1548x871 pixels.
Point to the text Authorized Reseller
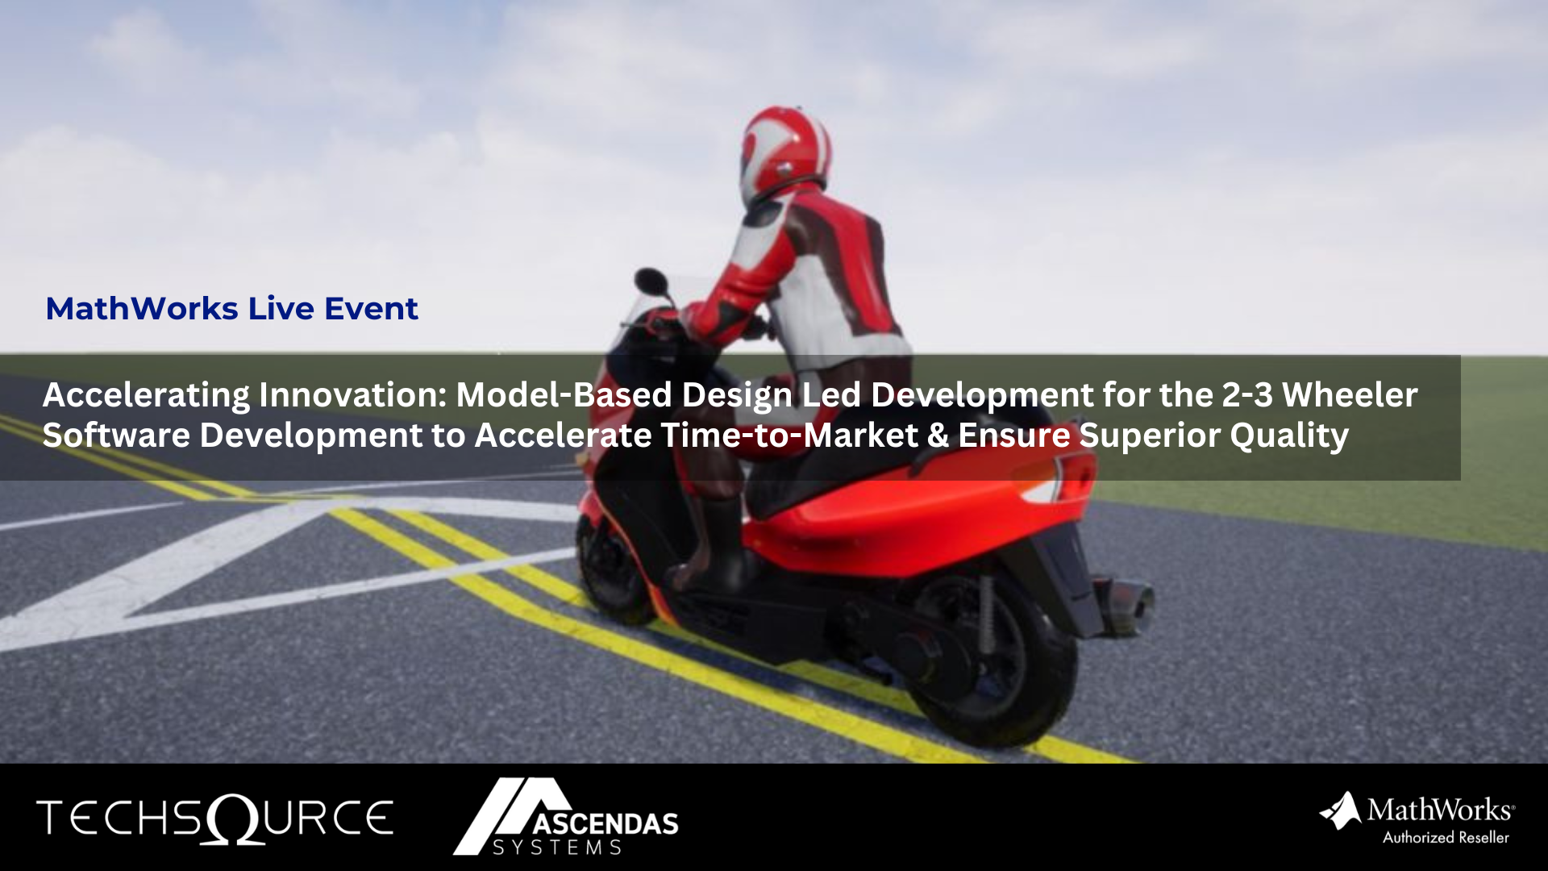coord(1446,838)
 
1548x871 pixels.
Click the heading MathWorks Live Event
coord(231,309)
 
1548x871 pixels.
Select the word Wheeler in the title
coord(1350,395)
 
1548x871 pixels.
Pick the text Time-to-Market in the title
coord(789,436)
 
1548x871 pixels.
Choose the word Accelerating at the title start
coord(146,395)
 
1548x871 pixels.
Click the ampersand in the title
coord(938,436)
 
